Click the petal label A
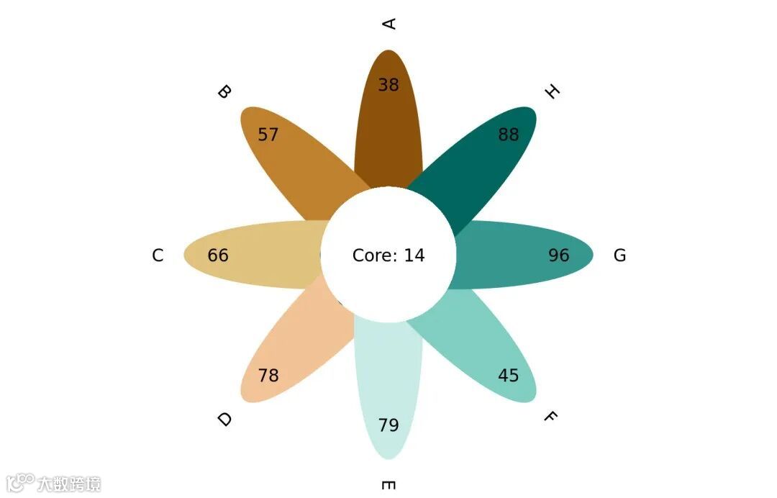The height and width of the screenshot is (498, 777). click(x=389, y=24)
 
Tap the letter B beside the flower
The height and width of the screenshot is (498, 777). click(x=224, y=91)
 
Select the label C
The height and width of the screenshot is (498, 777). click(x=158, y=255)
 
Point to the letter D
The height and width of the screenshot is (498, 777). click(x=224, y=420)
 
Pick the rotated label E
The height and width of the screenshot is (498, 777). click(x=388, y=485)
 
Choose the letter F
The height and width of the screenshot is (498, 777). click(x=551, y=417)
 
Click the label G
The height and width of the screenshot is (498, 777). click(x=619, y=255)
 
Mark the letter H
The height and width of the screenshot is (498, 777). click(x=552, y=91)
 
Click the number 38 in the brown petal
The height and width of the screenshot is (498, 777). click(x=388, y=85)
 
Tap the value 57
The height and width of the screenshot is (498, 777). click(x=268, y=135)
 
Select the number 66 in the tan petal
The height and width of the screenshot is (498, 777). click(x=218, y=255)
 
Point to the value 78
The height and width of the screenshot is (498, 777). click(x=268, y=376)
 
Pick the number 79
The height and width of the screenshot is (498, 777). click(x=388, y=425)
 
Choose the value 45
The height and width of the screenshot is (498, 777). click(x=508, y=376)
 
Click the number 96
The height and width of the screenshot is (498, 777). click(x=558, y=255)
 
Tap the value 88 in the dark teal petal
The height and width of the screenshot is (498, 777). click(x=508, y=135)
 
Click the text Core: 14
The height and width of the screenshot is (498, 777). click(x=388, y=255)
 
